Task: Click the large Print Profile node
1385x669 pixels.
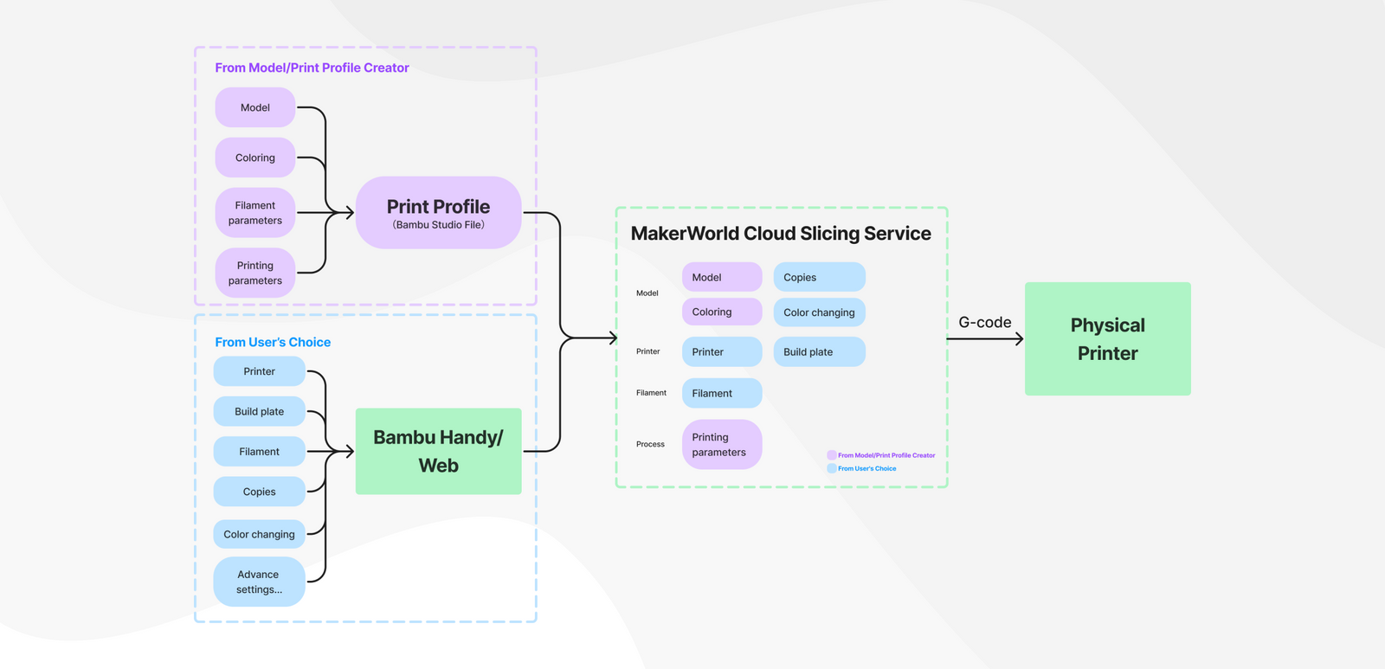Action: coord(438,213)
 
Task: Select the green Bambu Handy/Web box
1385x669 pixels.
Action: coord(438,451)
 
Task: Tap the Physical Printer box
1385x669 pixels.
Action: coord(1107,338)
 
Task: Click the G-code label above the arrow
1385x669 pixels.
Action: coord(984,322)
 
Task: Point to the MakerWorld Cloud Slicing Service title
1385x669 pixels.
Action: coord(780,234)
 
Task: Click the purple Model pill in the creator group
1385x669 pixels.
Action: coord(255,107)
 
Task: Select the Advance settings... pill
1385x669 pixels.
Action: coord(259,582)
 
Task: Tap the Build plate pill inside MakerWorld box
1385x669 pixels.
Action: coord(819,351)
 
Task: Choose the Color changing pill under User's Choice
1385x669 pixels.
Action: coord(259,534)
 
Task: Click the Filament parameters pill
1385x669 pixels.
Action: coord(255,213)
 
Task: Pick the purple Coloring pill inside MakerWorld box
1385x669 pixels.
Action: coord(721,312)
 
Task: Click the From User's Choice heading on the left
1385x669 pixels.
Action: coord(273,342)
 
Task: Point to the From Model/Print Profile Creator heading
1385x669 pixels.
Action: coord(312,68)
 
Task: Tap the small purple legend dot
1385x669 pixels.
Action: coord(831,455)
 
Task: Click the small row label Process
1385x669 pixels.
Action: coord(650,444)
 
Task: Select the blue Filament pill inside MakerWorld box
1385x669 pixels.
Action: coord(721,393)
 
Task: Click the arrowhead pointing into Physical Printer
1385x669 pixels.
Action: coord(1019,339)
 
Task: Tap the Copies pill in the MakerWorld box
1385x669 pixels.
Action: coord(819,277)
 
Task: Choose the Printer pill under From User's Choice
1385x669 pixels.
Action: coord(259,371)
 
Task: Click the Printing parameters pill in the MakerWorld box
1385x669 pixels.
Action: coord(721,444)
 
